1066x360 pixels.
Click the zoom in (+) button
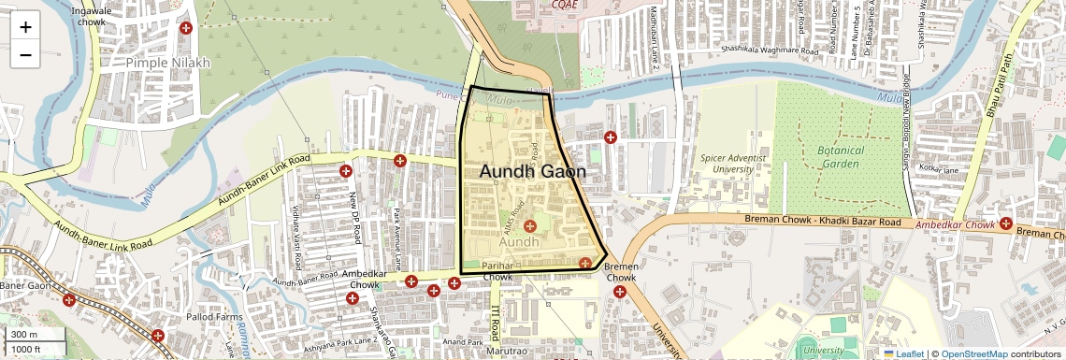(25, 26)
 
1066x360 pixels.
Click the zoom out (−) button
(25, 54)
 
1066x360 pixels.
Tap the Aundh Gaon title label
(533, 172)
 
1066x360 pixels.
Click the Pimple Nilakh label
(168, 63)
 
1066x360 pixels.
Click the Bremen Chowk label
(621, 272)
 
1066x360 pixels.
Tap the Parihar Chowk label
(497, 272)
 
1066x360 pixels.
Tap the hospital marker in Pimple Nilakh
(186, 28)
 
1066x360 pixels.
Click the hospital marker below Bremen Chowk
(620, 293)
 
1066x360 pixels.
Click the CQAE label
(564, 5)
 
